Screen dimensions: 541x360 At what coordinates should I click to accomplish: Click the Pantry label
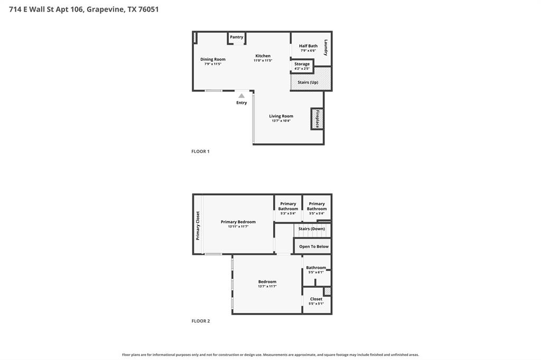click(x=236, y=37)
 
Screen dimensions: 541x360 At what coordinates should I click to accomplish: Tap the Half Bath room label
click(x=308, y=45)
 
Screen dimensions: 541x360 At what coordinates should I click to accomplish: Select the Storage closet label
click(x=302, y=64)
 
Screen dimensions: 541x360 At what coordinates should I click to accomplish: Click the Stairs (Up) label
click(x=308, y=82)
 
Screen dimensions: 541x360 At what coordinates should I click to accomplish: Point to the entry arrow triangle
click(x=241, y=96)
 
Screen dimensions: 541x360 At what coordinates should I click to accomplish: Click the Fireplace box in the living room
click(x=317, y=119)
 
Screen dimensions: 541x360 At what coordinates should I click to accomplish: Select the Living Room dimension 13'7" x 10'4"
click(x=281, y=121)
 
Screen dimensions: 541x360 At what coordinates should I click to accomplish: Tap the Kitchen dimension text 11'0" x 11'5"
click(x=263, y=60)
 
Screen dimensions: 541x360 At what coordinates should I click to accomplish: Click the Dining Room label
click(x=213, y=59)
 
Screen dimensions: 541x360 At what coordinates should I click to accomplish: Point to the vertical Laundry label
click(x=325, y=48)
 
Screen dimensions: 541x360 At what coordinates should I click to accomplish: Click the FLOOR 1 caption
click(x=200, y=151)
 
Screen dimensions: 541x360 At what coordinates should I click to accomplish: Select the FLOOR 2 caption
click(x=201, y=321)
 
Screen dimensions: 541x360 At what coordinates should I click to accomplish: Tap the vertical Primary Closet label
click(x=198, y=226)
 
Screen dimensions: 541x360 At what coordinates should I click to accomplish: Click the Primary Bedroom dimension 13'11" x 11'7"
click(x=238, y=226)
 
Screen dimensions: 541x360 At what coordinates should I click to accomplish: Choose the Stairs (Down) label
click(x=312, y=229)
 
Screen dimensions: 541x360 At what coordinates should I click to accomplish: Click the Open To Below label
click(x=314, y=247)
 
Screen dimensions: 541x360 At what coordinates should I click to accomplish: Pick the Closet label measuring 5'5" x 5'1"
click(x=316, y=299)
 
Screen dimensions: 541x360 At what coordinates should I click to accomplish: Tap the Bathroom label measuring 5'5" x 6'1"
click(x=316, y=268)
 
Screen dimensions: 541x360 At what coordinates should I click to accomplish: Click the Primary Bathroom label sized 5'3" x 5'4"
click(x=288, y=206)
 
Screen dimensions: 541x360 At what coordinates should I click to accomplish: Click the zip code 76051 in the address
click(x=148, y=10)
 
